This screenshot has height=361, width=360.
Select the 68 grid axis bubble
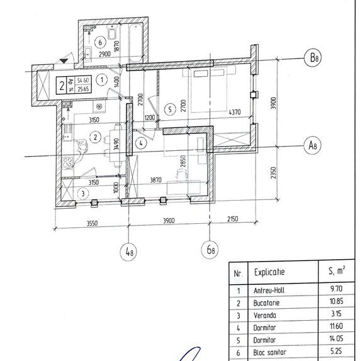[211, 251]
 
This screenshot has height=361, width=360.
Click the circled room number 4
[141, 143]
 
